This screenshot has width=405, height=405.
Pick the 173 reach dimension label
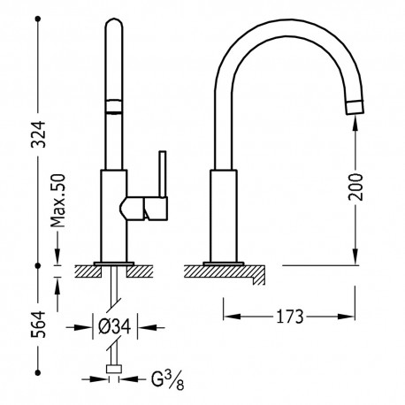pos(292,315)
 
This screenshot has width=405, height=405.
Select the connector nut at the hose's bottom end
pos(112,369)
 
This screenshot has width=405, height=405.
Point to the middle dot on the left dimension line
pos(39,264)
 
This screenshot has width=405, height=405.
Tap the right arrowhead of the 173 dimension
pos(356,315)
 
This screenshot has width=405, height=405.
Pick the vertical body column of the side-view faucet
pos(223,217)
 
